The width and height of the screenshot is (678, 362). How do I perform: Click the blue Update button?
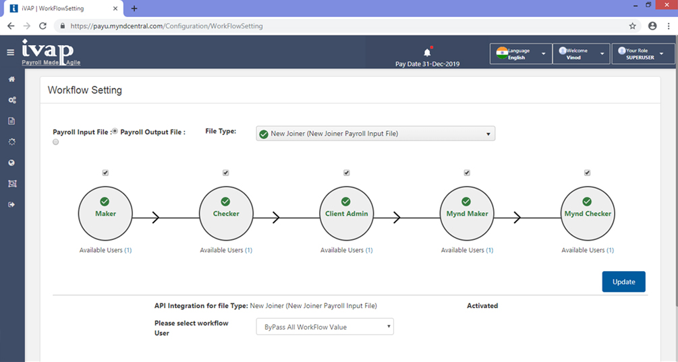tap(623, 282)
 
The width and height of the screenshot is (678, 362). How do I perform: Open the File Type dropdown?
tap(375, 133)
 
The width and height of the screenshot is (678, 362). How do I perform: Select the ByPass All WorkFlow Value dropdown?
tap(324, 327)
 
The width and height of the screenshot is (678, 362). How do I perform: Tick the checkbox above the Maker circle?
tap(105, 173)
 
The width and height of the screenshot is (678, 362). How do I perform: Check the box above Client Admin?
tap(346, 173)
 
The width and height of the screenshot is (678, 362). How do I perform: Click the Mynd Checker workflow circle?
tap(588, 214)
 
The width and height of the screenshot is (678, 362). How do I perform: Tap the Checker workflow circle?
tap(226, 214)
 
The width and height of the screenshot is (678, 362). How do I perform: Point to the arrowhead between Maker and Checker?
tap(156, 218)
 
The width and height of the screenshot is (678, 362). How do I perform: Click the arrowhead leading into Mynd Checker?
tap(517, 218)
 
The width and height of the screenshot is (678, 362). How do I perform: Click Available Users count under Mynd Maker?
tap(490, 250)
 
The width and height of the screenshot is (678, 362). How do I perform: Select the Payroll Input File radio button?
tap(115, 131)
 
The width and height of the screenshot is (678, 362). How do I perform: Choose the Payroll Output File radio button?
tap(56, 142)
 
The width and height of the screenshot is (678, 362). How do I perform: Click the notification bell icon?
tap(427, 53)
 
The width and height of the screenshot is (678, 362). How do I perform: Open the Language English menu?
tap(521, 54)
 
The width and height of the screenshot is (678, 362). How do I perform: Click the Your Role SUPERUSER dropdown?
tap(643, 54)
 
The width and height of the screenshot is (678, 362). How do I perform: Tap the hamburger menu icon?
tap(10, 53)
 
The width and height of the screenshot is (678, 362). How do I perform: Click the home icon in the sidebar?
tap(11, 79)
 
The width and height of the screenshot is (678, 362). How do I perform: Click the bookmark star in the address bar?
tap(633, 26)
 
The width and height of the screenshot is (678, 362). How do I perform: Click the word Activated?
tap(482, 306)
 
